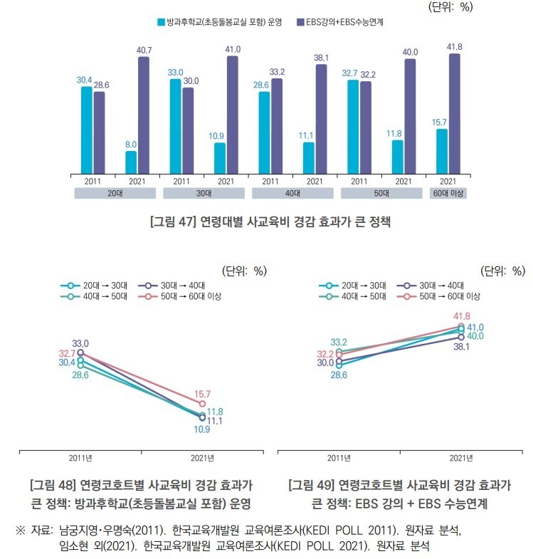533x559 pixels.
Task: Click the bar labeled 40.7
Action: tap(144, 114)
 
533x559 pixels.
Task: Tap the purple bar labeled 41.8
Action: tap(455, 113)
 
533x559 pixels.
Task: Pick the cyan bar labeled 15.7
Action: tap(442, 150)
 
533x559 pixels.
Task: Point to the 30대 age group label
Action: tap(204, 193)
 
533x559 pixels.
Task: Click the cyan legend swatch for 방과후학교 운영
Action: tap(161, 22)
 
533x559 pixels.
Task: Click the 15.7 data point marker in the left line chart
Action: tap(203, 404)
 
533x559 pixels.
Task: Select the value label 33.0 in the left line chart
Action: tap(80, 343)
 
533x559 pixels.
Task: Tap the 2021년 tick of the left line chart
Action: tap(203, 458)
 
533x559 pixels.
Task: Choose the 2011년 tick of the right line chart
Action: tap(339, 458)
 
